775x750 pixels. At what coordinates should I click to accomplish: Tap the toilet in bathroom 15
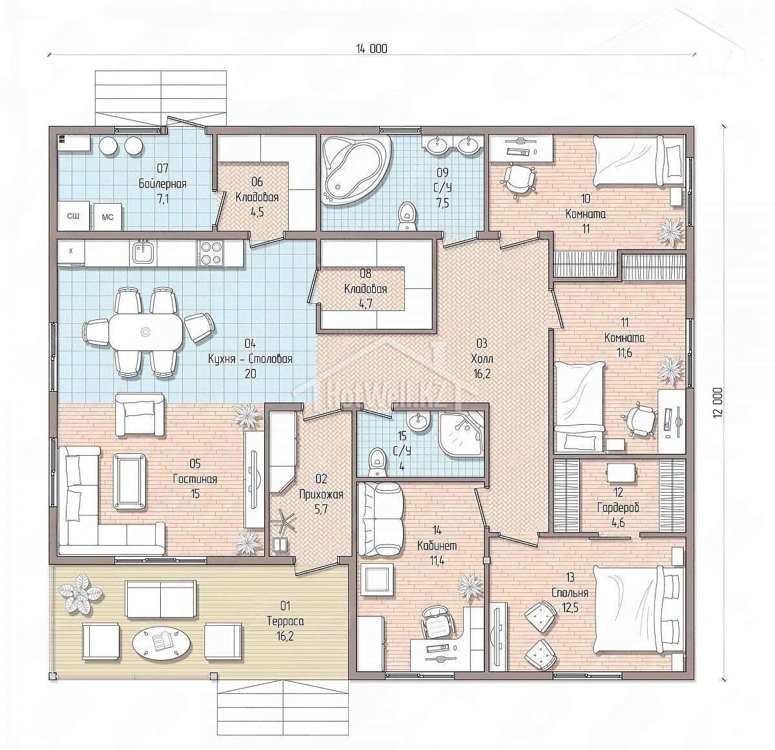[x=378, y=462]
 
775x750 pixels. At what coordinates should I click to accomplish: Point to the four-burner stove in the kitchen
[x=210, y=253]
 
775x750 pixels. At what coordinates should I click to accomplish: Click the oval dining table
[x=146, y=332]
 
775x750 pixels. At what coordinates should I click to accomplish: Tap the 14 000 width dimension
[x=371, y=49]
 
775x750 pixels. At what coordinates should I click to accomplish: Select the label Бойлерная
[x=163, y=184]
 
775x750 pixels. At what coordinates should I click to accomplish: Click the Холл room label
[x=482, y=358]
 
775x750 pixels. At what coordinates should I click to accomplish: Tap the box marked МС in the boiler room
[x=107, y=217]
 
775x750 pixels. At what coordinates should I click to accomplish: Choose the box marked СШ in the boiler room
[x=72, y=216]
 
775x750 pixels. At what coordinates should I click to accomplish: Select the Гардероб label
[x=618, y=508]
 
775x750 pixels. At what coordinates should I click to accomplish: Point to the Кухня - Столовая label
[x=250, y=358]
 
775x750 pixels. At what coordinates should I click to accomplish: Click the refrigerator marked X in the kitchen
[x=71, y=252]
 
